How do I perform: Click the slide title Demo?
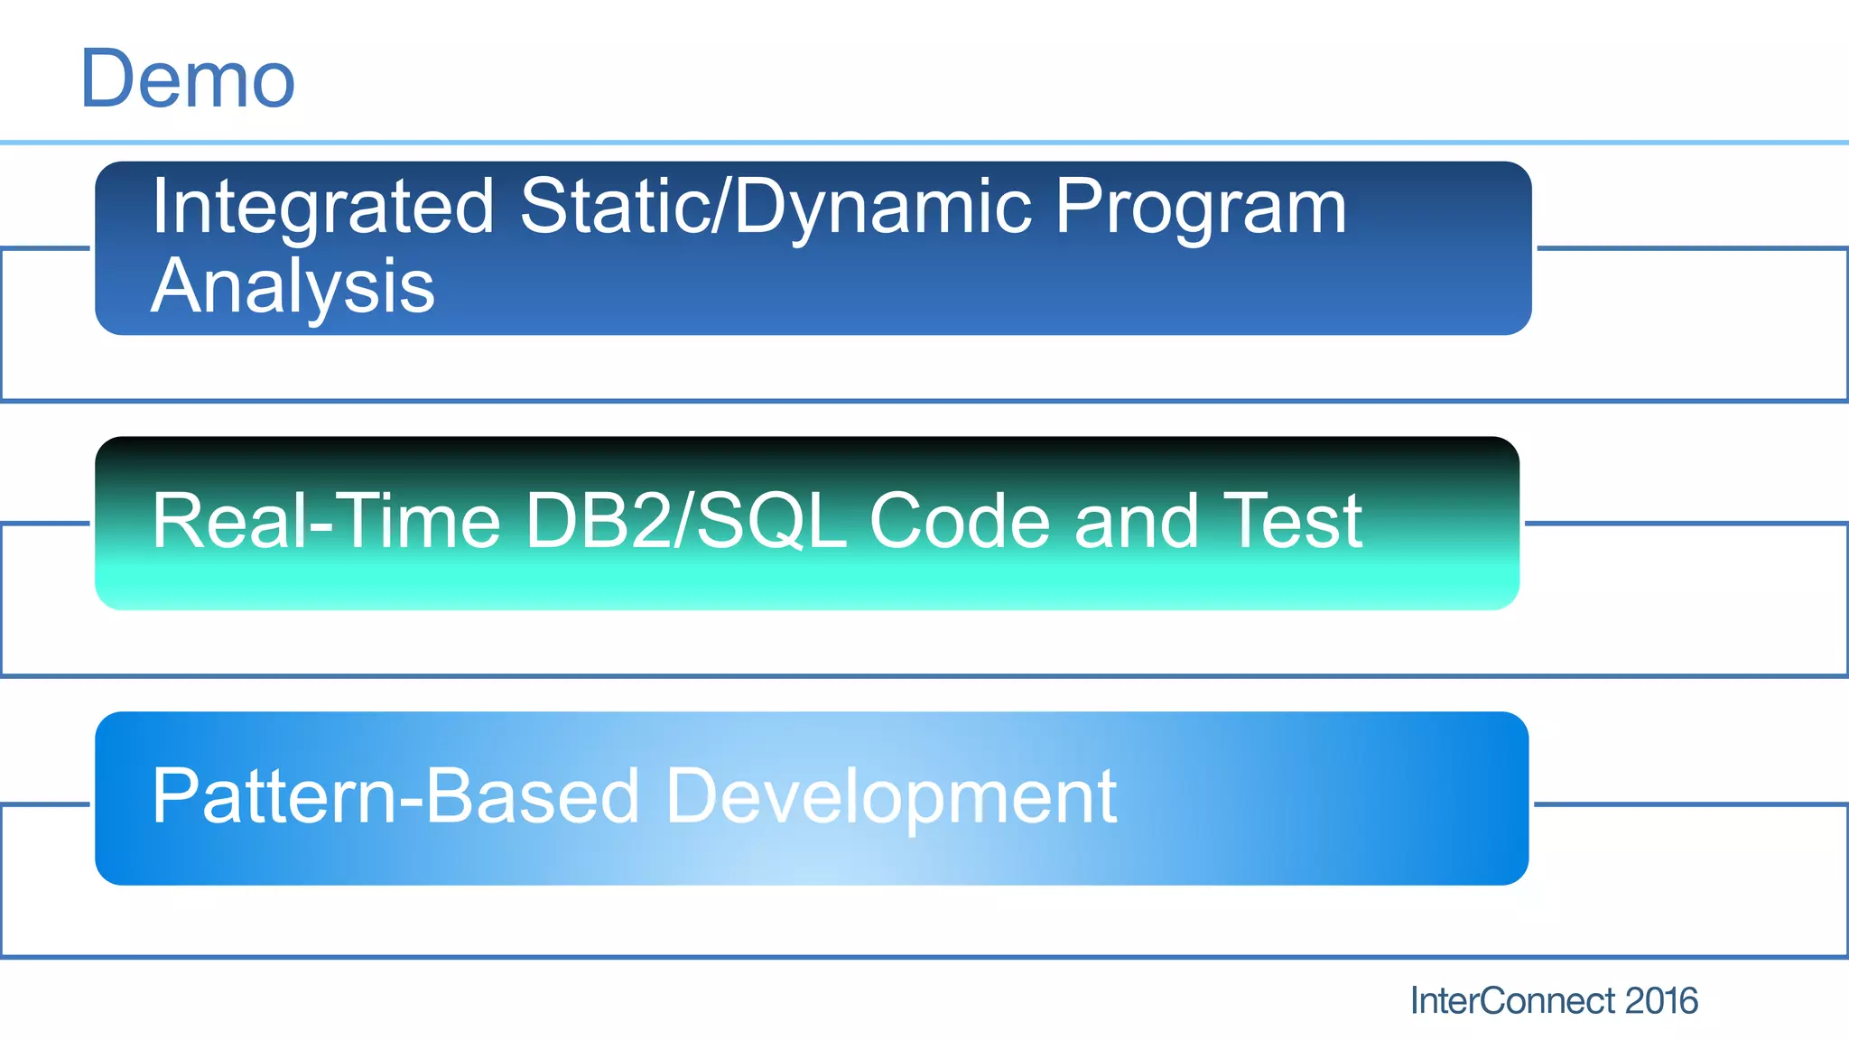click(188, 79)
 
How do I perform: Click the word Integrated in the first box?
click(322, 208)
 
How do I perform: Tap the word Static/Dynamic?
click(776, 208)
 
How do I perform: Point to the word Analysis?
click(293, 287)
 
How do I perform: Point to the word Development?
click(891, 798)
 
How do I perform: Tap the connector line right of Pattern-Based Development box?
click(1688, 803)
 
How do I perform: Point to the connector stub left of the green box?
click(45, 523)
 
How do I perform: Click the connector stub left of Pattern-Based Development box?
click(45, 803)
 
